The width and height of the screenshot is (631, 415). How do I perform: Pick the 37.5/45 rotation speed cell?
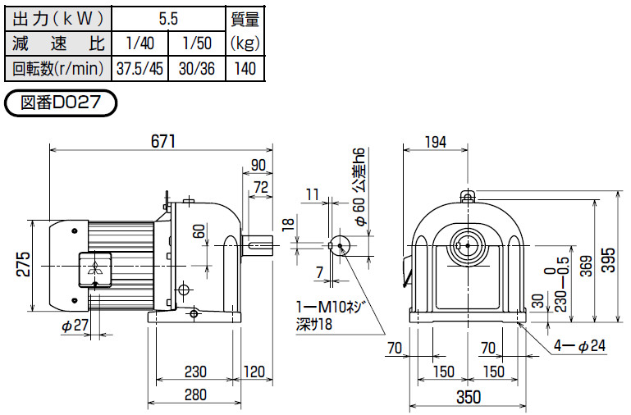click(x=139, y=69)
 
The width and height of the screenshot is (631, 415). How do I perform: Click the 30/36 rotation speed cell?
click(x=197, y=69)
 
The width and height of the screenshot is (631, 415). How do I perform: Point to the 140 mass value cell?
click(x=247, y=69)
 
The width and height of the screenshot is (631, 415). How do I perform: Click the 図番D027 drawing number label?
click(x=62, y=103)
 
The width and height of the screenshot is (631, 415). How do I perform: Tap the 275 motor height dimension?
click(x=24, y=265)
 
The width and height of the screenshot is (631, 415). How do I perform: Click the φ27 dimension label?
click(x=74, y=326)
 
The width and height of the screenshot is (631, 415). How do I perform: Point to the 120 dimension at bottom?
click(x=254, y=372)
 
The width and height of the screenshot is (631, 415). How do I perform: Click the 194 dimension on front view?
click(x=436, y=142)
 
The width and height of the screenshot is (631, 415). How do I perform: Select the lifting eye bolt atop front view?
click(x=468, y=196)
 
